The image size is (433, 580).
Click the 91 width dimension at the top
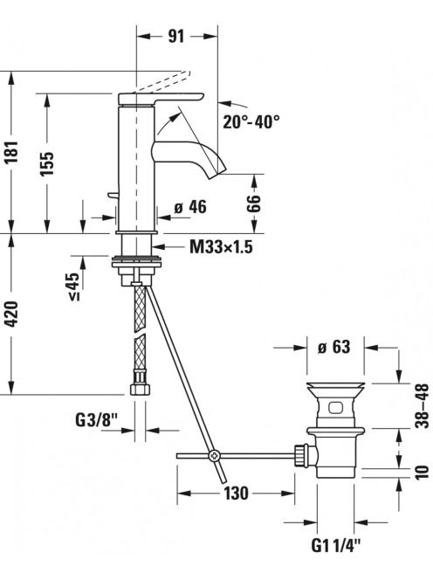point(176,37)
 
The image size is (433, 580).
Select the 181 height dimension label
point(12,152)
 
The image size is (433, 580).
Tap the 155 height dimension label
point(47,163)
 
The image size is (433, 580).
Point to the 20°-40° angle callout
point(251,121)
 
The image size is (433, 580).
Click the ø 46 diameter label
point(190,207)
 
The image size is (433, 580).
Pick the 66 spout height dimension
point(254,203)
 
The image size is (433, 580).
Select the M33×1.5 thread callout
point(221,246)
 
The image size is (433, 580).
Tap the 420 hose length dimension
point(12,314)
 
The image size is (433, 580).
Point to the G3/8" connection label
point(97,420)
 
